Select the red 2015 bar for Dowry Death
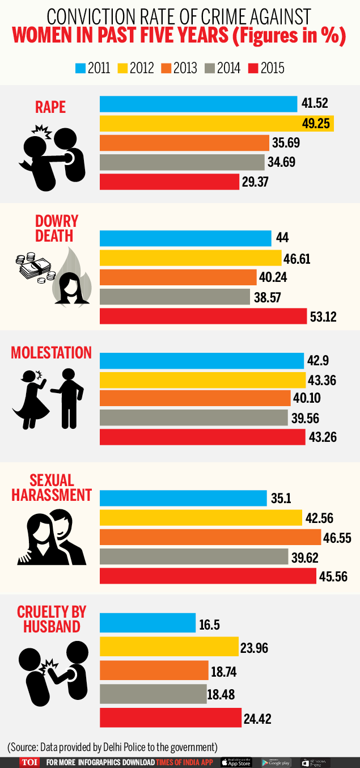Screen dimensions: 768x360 tap(198, 316)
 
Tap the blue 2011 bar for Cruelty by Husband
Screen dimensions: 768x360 tap(147, 622)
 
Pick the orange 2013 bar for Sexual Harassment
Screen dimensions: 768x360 tap(210, 537)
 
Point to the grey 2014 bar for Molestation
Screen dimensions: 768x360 tap(193, 417)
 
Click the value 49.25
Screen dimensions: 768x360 tap(316, 123)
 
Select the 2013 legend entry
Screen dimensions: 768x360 tap(181, 69)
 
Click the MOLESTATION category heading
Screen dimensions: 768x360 tap(51, 353)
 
